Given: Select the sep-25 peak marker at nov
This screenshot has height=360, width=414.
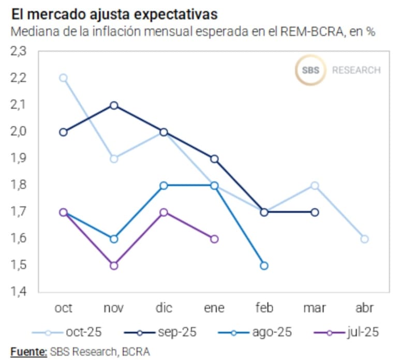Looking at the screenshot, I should click(113, 106).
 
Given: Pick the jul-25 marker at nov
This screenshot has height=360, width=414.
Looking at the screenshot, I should click(113, 265).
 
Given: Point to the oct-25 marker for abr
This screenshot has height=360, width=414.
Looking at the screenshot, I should click(364, 239).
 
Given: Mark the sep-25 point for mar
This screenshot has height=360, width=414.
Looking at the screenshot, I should click(314, 212).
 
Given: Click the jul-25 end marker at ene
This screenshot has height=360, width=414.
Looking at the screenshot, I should click(214, 239).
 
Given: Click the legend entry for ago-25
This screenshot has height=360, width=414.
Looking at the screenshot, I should click(252, 332).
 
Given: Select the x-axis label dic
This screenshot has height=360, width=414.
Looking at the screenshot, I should click(164, 308).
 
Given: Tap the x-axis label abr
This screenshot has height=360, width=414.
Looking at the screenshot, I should click(364, 308).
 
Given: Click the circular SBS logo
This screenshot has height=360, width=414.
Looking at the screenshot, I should click(310, 70).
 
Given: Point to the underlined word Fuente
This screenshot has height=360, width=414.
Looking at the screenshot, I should click(28, 352).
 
